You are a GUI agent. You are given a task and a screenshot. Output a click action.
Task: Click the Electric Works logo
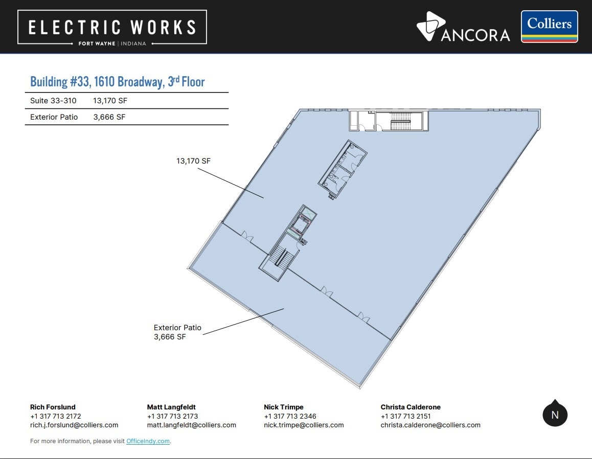point(112,27)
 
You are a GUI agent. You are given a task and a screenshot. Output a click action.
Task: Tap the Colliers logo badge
point(550,27)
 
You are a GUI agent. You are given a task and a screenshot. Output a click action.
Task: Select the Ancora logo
point(463,27)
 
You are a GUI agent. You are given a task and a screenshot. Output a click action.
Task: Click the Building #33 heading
point(118,82)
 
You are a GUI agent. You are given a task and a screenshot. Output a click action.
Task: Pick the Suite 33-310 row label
point(53,101)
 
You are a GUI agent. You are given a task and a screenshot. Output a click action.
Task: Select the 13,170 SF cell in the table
point(110,101)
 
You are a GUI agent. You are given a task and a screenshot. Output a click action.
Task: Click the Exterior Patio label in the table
point(54,117)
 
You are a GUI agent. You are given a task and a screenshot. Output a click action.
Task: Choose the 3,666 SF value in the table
point(109,117)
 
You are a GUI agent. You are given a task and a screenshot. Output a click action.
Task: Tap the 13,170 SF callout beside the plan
point(193,161)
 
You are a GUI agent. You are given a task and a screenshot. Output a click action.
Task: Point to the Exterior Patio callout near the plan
point(177,332)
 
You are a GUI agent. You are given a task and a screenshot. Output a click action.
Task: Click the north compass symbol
point(555,414)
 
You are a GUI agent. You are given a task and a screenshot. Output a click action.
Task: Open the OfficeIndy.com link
point(148,441)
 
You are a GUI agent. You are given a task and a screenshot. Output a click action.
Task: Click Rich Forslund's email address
point(74,425)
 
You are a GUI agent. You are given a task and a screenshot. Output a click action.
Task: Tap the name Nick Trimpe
point(284,407)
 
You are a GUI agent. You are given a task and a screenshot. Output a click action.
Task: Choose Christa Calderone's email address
point(430,425)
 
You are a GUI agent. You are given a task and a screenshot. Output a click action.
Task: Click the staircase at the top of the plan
point(400,121)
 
